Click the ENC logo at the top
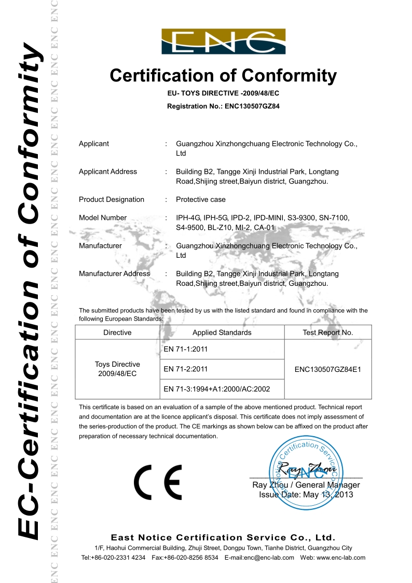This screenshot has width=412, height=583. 223,41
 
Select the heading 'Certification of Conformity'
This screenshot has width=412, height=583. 223,76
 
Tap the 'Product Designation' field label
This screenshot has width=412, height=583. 112,200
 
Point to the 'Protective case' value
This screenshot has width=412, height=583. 201,200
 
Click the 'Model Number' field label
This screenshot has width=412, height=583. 103,218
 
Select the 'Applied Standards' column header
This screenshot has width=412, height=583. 222,332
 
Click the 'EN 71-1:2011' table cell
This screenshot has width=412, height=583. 185,349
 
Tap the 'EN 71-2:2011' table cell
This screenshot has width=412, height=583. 185,369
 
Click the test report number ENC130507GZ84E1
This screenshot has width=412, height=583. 327,369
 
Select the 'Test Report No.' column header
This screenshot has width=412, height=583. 327,332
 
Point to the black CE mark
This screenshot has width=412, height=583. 158,482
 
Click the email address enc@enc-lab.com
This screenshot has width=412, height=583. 271,558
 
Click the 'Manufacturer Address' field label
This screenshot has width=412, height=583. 114,274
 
